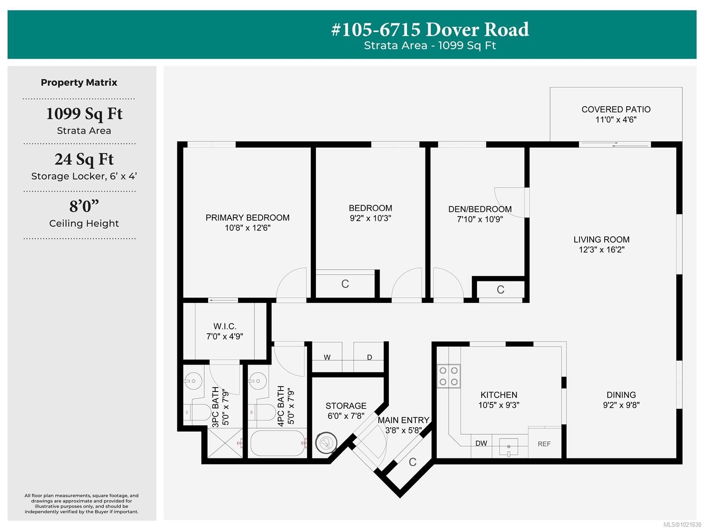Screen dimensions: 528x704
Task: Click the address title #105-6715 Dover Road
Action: [430, 30]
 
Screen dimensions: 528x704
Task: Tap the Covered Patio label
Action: [616, 109]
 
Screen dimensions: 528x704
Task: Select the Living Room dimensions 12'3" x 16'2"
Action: [601, 250]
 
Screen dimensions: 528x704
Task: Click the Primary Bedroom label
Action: [247, 218]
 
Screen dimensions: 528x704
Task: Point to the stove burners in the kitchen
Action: [448, 376]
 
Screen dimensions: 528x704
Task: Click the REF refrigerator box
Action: [544, 443]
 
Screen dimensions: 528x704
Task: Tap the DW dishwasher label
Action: [481, 443]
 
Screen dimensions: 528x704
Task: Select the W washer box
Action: [327, 357]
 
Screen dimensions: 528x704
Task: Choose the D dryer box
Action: [369, 357]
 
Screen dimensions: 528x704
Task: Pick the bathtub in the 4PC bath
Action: [278, 443]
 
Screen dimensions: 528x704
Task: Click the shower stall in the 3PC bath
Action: [224, 443]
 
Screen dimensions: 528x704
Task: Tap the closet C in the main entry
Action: [412, 462]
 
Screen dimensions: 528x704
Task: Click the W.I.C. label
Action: [225, 326]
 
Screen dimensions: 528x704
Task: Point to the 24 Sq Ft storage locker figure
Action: [84, 159]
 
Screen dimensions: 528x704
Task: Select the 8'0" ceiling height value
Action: [84, 206]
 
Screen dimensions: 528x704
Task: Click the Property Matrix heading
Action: [79, 82]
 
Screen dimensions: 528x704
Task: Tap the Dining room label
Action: [621, 395]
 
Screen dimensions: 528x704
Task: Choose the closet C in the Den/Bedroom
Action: [500, 290]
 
